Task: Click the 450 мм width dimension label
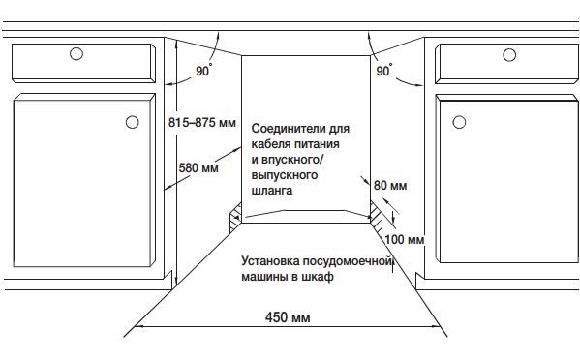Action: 288,317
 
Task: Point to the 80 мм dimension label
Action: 389,184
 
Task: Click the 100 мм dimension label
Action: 405,239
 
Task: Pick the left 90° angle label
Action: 202,71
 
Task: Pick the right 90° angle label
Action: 383,71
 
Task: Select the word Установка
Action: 270,261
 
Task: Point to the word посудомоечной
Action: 348,261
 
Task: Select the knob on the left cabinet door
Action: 130,123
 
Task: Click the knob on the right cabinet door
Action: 459,123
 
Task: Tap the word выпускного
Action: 285,176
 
